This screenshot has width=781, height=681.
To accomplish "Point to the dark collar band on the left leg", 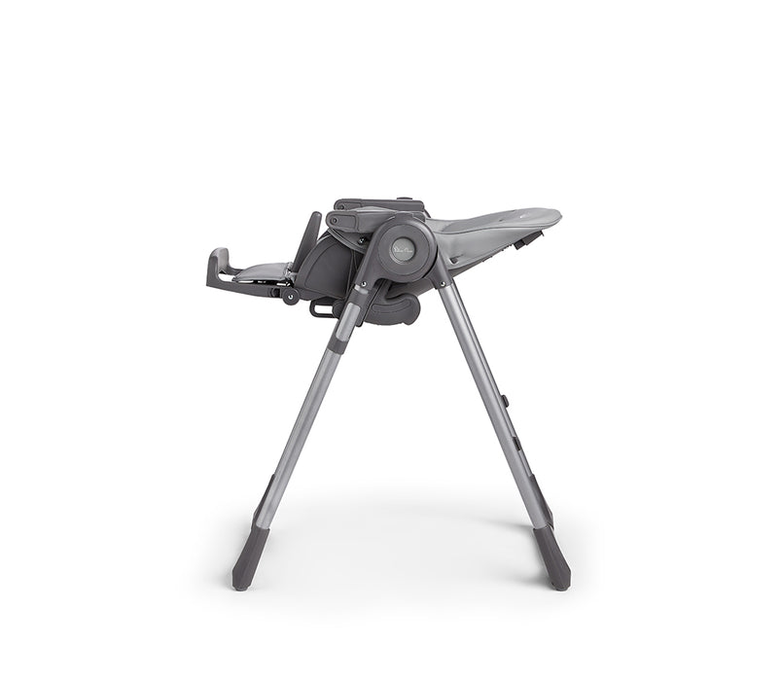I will (338, 332).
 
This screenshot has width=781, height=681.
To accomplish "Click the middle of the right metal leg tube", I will (491, 409).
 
